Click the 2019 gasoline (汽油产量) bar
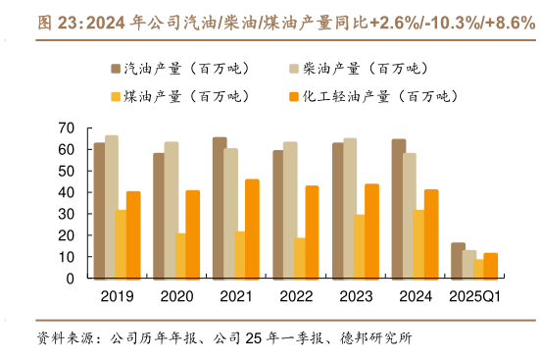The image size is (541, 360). click(x=99, y=210)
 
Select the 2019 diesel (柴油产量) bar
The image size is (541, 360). click(x=111, y=207)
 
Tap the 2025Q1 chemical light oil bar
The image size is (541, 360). click(x=491, y=266)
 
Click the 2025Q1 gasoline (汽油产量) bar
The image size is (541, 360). click(x=457, y=260)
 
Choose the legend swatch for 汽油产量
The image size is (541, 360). click(x=116, y=69)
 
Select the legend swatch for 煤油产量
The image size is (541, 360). click(x=116, y=96)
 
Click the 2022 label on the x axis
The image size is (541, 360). click(x=296, y=295)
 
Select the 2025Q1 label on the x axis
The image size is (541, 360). click(x=475, y=295)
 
